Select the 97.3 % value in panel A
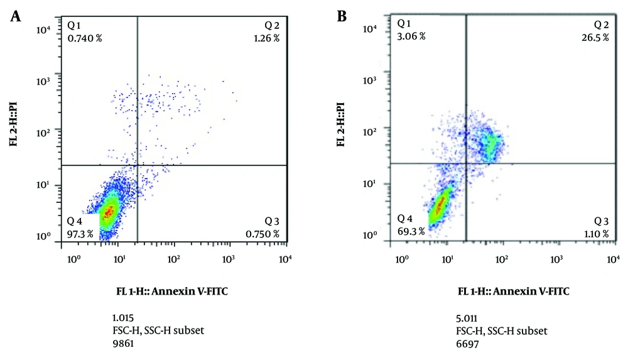(x=80, y=234)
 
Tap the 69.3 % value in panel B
(x=411, y=231)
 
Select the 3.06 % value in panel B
(x=411, y=36)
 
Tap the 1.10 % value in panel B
(x=596, y=233)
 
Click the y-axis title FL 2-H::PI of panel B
(x=341, y=126)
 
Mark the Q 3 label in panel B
(x=602, y=221)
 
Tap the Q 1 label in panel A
(x=75, y=26)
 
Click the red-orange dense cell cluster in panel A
(x=109, y=212)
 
